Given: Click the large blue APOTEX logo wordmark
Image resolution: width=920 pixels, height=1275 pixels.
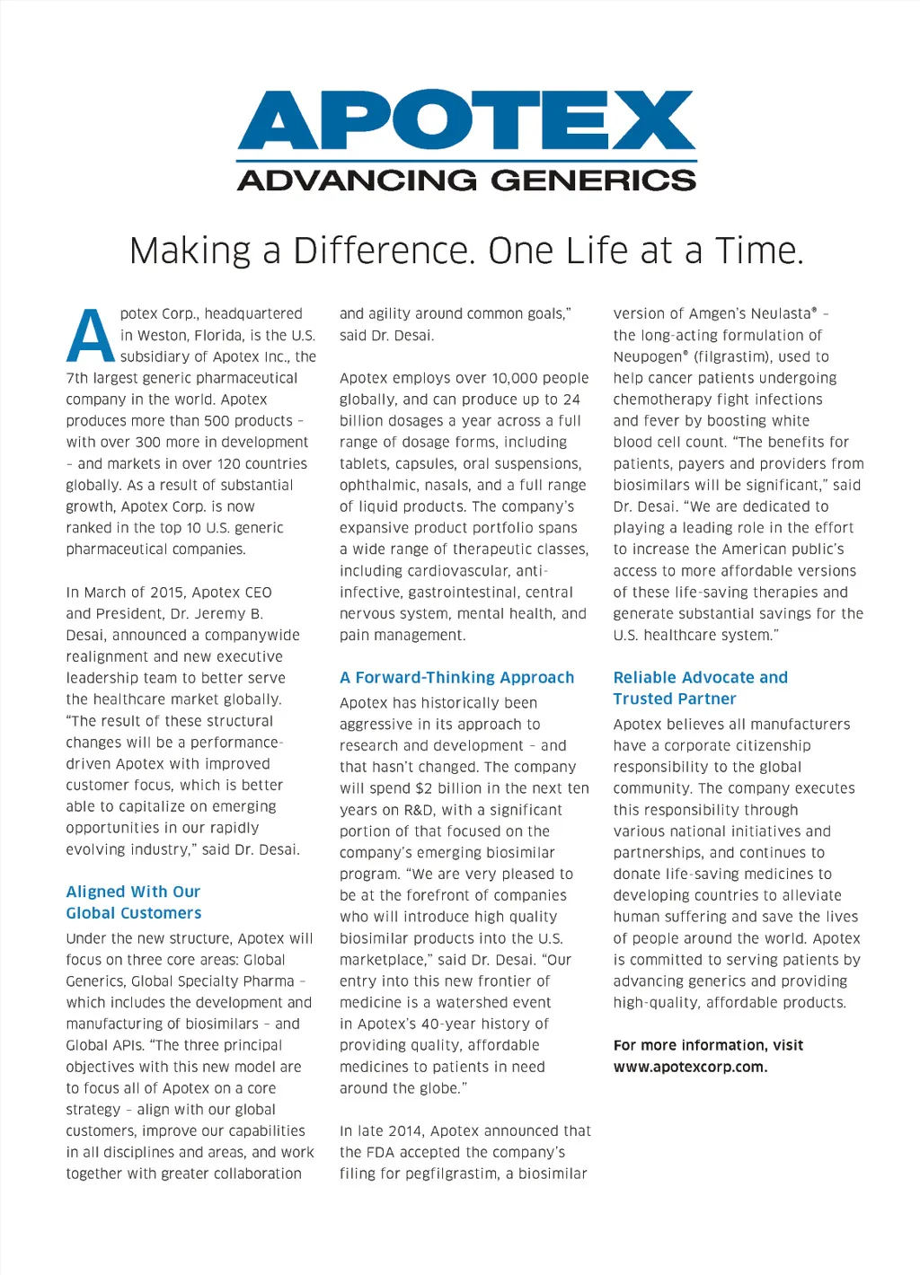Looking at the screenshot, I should tap(466, 120).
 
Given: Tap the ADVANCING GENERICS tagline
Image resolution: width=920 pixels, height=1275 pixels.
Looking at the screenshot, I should tap(466, 180).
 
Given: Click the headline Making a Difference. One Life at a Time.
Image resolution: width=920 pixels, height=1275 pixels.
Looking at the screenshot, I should tap(466, 251).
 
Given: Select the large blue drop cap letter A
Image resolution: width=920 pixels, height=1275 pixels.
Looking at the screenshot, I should tap(90, 336).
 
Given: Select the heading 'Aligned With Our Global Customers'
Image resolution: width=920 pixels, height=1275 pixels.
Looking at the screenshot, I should tap(133, 901).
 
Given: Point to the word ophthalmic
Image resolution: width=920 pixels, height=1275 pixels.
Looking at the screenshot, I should tap(377, 485).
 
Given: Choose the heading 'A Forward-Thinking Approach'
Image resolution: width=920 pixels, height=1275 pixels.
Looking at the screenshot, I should tap(456, 677).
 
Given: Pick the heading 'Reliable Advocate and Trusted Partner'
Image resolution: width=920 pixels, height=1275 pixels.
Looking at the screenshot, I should tap(700, 688).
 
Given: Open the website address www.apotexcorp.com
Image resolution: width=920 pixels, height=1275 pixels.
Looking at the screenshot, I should tap(690, 1067).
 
